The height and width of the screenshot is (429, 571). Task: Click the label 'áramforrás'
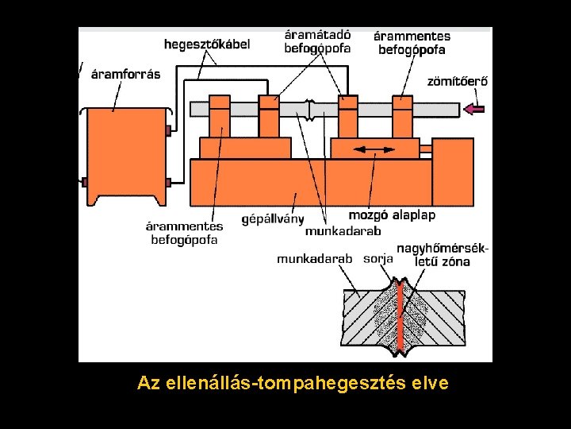pyautogui.click(x=125, y=75)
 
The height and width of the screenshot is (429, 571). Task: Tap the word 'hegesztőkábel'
pyautogui.click(x=207, y=44)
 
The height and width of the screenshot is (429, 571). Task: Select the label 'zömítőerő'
pyautogui.click(x=458, y=80)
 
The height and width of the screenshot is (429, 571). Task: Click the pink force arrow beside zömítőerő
pyautogui.click(x=476, y=109)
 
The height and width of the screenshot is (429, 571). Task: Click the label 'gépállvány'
pyautogui.click(x=273, y=218)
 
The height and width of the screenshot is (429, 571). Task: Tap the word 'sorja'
pyautogui.click(x=377, y=258)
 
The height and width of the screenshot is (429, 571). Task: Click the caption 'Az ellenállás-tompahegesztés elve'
pyautogui.click(x=293, y=383)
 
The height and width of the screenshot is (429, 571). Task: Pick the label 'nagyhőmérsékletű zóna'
pyautogui.click(x=443, y=255)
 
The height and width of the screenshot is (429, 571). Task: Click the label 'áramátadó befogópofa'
pyautogui.click(x=317, y=41)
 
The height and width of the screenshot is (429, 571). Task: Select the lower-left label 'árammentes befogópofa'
pyautogui.click(x=184, y=233)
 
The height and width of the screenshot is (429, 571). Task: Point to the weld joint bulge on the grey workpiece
pyautogui.click(x=312, y=110)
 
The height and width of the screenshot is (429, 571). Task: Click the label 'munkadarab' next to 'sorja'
pyautogui.click(x=314, y=258)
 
